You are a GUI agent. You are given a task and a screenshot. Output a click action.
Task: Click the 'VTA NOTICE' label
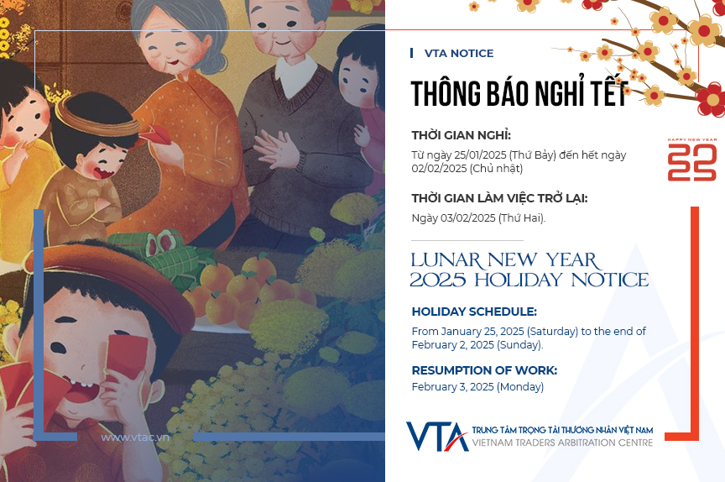[x=459, y=53]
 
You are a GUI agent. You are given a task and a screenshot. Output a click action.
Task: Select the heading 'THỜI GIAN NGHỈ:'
[x=461, y=135]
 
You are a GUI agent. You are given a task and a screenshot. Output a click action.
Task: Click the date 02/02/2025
[x=439, y=169]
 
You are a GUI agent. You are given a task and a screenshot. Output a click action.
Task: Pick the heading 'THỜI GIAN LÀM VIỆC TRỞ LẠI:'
[x=499, y=198]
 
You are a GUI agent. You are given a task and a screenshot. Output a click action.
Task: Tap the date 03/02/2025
[x=468, y=217]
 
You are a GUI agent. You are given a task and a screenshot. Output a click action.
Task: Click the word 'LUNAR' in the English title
[x=446, y=260]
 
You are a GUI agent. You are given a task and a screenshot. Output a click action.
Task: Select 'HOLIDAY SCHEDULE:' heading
[x=474, y=312]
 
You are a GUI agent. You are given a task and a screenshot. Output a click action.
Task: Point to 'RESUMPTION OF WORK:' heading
[x=484, y=370]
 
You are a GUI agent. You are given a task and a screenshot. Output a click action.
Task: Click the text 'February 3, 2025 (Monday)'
[x=477, y=387]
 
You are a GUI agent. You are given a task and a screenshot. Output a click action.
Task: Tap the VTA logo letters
[x=437, y=436]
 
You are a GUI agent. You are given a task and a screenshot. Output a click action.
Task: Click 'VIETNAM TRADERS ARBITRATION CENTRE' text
[x=562, y=443]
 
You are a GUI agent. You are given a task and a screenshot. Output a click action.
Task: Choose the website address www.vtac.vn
[x=135, y=437]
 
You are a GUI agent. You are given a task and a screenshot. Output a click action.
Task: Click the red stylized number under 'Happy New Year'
[x=692, y=162]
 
